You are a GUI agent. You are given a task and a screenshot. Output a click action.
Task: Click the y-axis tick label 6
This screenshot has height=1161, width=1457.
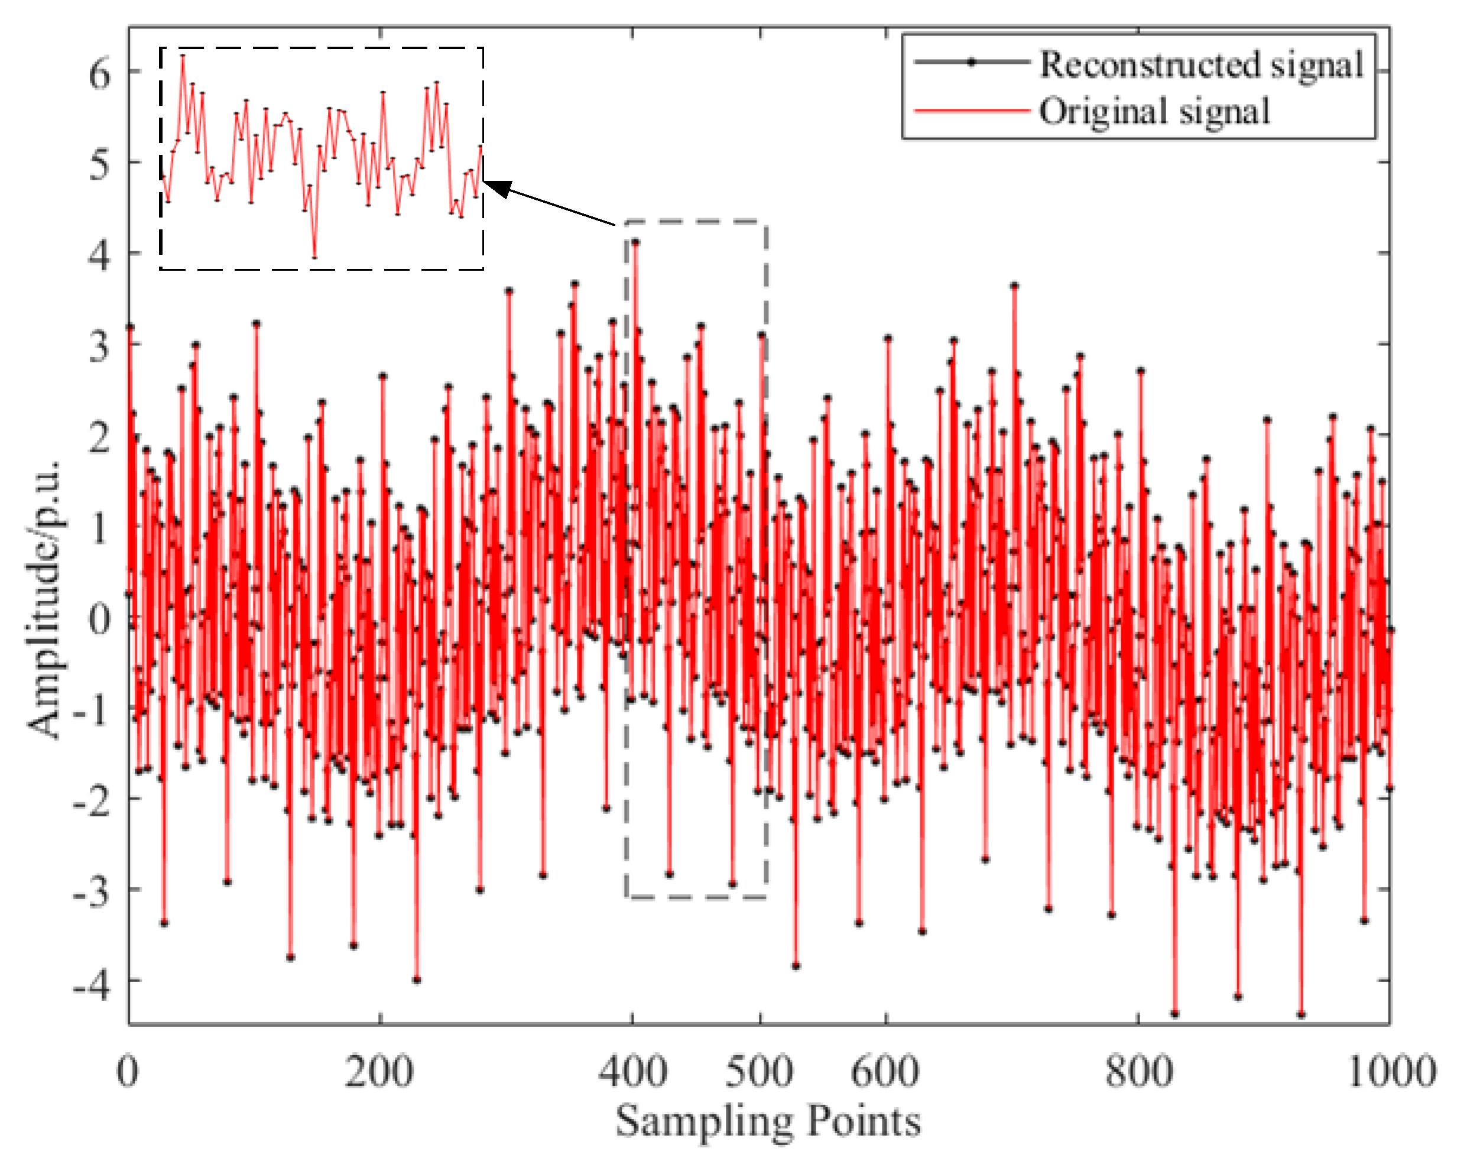pyautogui.click(x=99, y=73)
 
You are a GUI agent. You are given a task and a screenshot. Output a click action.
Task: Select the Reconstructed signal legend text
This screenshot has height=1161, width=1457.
pyautogui.click(x=1202, y=65)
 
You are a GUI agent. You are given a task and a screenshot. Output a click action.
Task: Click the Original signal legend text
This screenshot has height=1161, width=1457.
pyautogui.click(x=1154, y=112)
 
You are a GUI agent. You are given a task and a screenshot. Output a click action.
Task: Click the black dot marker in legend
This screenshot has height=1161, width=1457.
pyautogui.click(x=972, y=62)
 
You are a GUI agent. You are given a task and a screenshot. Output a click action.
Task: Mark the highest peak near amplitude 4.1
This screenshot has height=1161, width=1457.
pyautogui.click(x=636, y=241)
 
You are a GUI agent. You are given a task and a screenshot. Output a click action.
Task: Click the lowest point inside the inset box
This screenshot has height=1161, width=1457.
pyautogui.click(x=314, y=257)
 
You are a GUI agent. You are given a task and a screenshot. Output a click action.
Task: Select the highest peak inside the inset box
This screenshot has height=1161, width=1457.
pyautogui.click(x=183, y=56)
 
